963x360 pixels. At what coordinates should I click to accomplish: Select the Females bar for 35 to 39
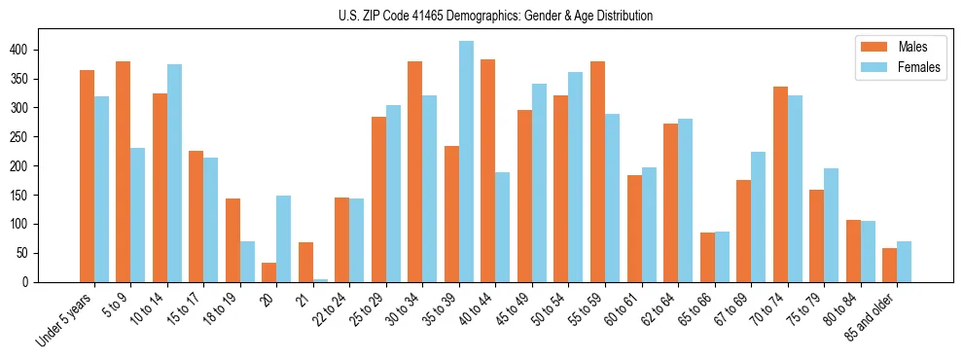[x=467, y=162]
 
